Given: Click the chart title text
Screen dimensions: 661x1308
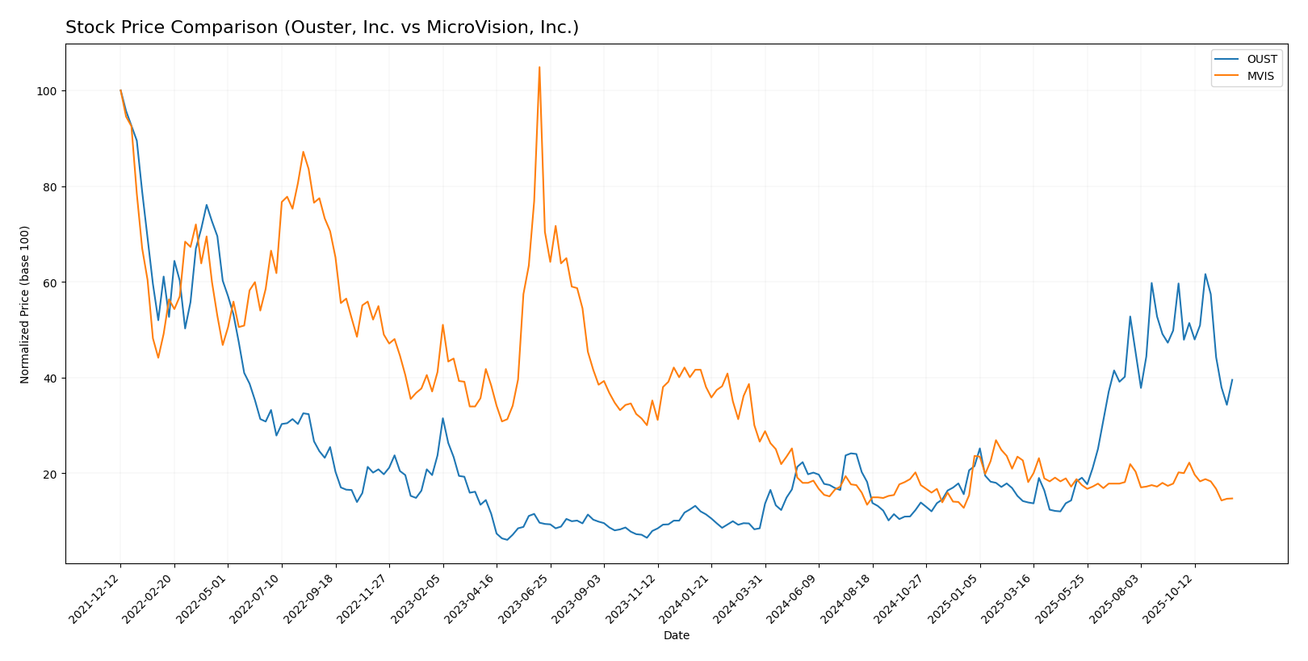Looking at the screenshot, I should click(321, 27).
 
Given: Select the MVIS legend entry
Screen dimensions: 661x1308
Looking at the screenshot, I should click(1260, 77).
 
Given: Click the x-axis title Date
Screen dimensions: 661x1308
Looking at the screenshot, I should click(676, 636).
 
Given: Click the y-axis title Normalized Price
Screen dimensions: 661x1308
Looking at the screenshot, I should click(25, 304).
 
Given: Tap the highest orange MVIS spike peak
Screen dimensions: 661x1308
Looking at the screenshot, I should click(539, 68).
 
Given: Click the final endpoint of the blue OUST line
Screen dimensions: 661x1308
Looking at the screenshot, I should click(1232, 379).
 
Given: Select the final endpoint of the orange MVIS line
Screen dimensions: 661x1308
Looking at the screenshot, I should click(1232, 498).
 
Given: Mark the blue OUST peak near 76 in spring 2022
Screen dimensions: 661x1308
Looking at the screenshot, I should click(206, 205).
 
